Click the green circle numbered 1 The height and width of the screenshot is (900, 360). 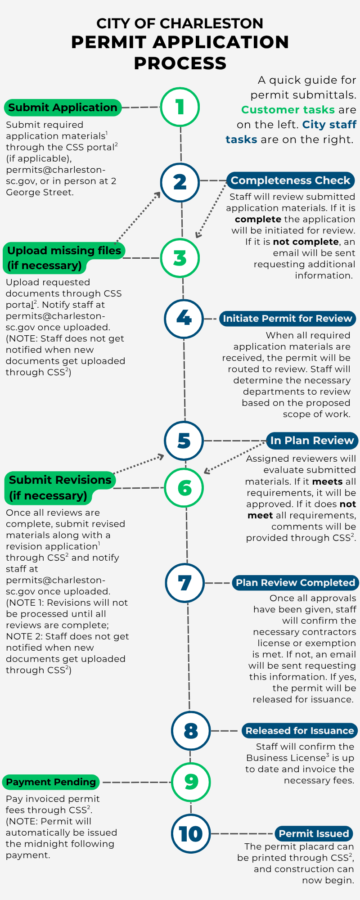[x=180, y=107]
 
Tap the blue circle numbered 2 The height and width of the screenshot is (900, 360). [x=180, y=182]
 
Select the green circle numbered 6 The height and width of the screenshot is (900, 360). [x=184, y=488]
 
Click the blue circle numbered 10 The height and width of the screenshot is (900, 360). [x=191, y=834]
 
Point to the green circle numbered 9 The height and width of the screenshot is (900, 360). [x=191, y=782]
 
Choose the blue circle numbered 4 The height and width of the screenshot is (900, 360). [x=184, y=319]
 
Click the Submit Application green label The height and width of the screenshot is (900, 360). [x=63, y=108]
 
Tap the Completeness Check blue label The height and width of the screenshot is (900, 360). [x=290, y=180]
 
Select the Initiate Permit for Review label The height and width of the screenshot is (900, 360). [x=287, y=319]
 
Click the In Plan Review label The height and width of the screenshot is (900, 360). [x=312, y=441]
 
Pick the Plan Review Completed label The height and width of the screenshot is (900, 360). [x=295, y=583]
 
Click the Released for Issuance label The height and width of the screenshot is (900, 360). [x=299, y=731]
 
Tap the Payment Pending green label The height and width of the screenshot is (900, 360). [x=51, y=782]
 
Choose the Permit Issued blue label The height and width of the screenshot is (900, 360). [x=314, y=834]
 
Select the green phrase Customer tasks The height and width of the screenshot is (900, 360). [x=288, y=110]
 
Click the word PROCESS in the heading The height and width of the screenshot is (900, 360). [x=180, y=63]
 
